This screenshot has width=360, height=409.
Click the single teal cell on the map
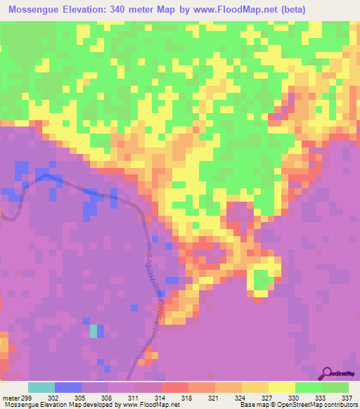(x=94, y=330)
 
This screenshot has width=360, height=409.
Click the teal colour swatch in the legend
(x=41, y=387)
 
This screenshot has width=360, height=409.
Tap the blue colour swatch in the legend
(x=68, y=387)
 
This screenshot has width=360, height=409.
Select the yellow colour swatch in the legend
(x=282, y=387)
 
